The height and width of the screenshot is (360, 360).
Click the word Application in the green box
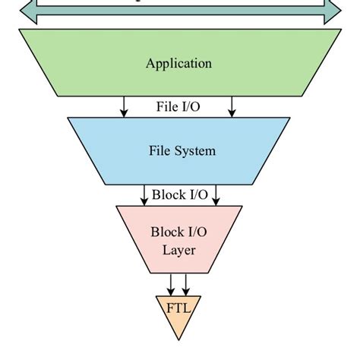click(178, 63)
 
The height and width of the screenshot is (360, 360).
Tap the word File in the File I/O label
click(168, 107)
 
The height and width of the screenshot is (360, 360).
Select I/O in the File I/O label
click(191, 107)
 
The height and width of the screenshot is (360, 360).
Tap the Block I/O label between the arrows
click(179, 194)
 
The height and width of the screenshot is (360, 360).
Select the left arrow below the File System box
click(144, 195)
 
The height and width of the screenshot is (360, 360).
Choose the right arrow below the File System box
click(216, 195)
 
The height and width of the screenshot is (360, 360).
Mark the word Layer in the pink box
click(179, 249)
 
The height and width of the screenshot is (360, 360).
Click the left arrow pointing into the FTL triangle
click(172, 285)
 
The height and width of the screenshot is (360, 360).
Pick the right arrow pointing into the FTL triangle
click(186, 285)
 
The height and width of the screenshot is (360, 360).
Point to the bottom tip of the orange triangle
click(178, 339)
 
